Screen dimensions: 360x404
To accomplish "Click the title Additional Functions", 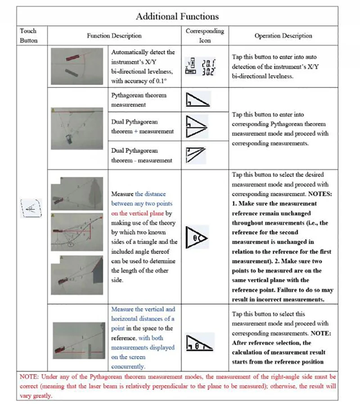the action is click(x=177, y=17).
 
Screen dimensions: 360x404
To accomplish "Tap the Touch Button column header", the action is click(x=29, y=36).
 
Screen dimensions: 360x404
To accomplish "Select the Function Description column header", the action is click(x=114, y=36).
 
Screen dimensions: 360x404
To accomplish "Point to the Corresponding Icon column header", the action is click(x=205, y=36).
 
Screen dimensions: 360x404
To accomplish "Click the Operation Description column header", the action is click(x=283, y=36).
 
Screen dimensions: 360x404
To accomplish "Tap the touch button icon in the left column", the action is click(x=31, y=208).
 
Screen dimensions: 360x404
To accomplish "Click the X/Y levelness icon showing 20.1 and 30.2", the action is click(x=200, y=67).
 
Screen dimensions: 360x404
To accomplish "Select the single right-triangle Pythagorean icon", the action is click(x=198, y=100).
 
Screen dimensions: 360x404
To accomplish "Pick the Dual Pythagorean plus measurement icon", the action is click(x=197, y=127).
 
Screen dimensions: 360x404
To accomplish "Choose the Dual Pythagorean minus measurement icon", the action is click(x=196, y=155).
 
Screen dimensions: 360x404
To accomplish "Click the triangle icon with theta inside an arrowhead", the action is click(x=197, y=237).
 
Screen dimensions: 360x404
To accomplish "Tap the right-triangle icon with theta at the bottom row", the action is click(x=199, y=343).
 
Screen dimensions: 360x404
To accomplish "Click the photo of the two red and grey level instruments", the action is click(x=77, y=66).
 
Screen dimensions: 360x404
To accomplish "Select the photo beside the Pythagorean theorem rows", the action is click(x=77, y=128).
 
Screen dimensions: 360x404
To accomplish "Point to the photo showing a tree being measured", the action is click(x=77, y=194).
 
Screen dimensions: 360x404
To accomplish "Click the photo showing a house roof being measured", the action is click(x=77, y=275).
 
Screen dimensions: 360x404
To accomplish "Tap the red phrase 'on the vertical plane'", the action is click(x=138, y=213).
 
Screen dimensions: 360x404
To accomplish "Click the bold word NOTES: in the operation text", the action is click(x=320, y=194).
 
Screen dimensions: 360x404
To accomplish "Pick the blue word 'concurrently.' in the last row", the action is click(x=128, y=366).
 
